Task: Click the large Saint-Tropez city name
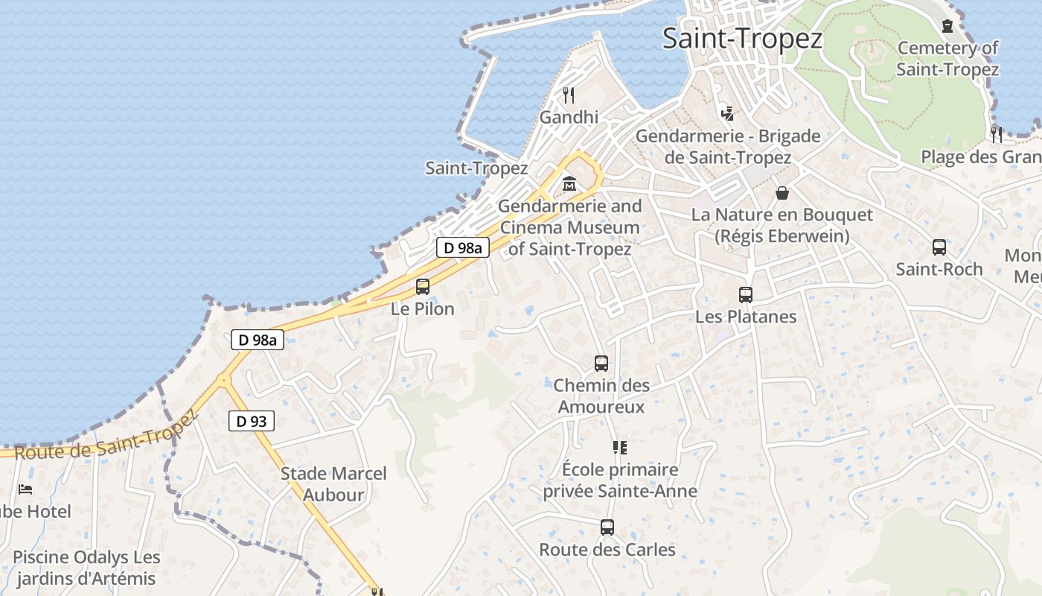[742, 38]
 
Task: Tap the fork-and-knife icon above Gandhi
[569, 95]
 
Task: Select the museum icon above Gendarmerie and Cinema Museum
[569, 183]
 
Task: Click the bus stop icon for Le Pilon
[423, 286]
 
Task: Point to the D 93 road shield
[251, 421]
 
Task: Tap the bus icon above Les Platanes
[746, 295]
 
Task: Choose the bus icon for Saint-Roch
[939, 247]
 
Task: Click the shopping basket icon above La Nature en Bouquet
[782, 193]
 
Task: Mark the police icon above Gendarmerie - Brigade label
[728, 114]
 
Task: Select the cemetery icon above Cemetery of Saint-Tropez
[947, 27]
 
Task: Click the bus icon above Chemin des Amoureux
[601, 364]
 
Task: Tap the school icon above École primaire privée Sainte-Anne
[620, 448]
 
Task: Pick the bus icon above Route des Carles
[607, 527]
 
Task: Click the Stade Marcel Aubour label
[333, 484]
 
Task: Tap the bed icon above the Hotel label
[25, 489]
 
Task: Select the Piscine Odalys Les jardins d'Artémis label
[86, 568]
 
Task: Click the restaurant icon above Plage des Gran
[996, 134]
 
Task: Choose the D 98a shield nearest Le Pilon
[462, 248]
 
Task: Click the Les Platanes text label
[746, 317]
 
